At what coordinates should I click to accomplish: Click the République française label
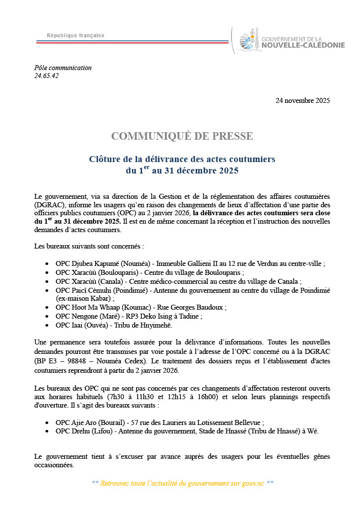click(76, 35)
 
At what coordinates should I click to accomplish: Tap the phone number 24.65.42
click(47, 76)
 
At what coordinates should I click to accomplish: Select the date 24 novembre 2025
click(302, 101)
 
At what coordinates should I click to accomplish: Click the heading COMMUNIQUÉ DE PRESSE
click(182, 136)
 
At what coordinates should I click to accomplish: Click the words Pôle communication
click(63, 68)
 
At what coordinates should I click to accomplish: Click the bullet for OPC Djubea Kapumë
click(47, 264)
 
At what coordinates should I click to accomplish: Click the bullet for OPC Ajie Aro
click(47, 423)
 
